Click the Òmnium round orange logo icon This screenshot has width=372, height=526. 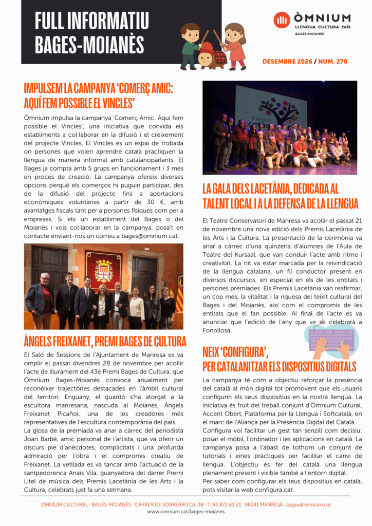point(282,20)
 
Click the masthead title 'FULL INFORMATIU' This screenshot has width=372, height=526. point(92,21)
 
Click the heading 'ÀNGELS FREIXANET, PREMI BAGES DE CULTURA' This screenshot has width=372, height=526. point(105,341)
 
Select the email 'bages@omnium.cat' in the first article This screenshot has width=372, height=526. point(150,236)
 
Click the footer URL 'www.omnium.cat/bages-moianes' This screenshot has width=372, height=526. point(185,512)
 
